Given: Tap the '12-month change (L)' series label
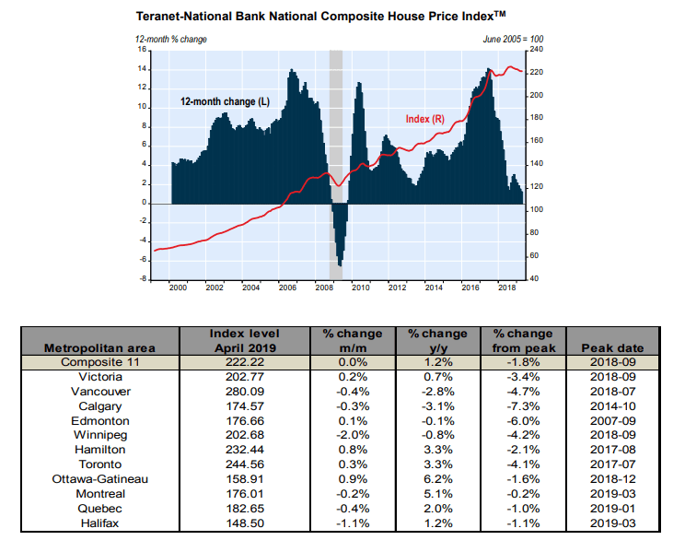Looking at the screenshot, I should pos(225,100).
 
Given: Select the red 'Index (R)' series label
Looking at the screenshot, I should pos(425,119).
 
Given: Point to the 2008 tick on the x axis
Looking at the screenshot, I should pos(323,288).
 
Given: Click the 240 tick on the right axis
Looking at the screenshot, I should pos(537,49).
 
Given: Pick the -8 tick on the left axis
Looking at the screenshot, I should pos(143,278).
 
